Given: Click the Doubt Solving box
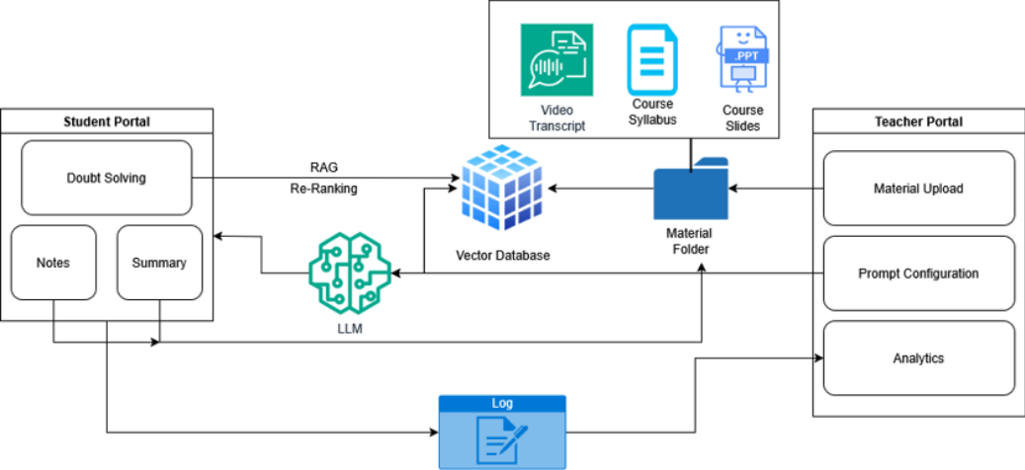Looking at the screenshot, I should pos(106,178).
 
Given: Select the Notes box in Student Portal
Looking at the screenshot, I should pos(52,263).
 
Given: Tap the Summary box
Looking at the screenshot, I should pos(159,263).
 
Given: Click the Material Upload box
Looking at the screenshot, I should pos(918,188).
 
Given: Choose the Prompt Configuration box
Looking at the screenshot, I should pos(918,274).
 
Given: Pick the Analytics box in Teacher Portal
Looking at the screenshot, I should pos(918,358).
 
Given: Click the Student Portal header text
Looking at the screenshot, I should pos(106,121).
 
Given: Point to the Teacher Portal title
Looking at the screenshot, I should pos(918,121).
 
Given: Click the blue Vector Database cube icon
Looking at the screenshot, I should pos(501,187).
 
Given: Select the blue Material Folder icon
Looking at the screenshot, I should pos(690,188).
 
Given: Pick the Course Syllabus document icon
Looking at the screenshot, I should pos(652,58).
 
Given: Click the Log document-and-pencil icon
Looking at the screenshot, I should pos(502,439).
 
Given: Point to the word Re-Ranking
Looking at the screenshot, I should pos(324,186).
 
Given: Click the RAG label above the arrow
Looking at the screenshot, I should pos(324,167).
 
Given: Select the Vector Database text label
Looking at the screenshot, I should pos(502,255).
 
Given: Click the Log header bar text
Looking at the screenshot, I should pos(502,403).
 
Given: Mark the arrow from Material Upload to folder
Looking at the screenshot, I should pos(776,188).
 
